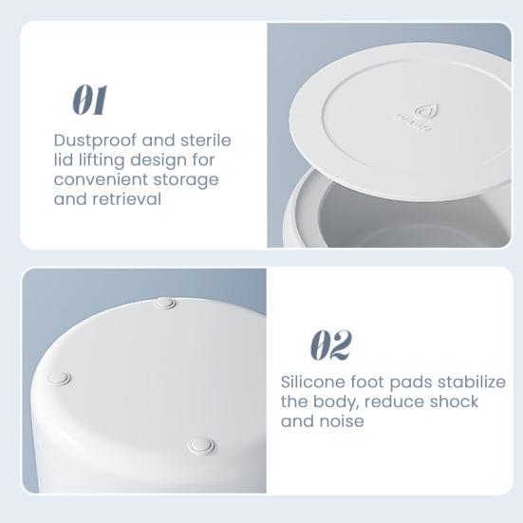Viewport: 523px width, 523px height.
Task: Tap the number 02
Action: pyautogui.click(x=331, y=346)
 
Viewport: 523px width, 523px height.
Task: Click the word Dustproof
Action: pyautogui.click(x=93, y=140)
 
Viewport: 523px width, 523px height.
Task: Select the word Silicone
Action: pyautogui.click(x=315, y=382)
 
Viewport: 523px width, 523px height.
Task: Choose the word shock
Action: pyautogui.click(x=454, y=402)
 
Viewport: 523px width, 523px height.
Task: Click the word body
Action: pyautogui.click(x=330, y=402)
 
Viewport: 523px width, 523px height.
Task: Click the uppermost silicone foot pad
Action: pyautogui.click(x=165, y=304)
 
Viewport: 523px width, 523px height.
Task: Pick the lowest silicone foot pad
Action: pyautogui.click(x=199, y=444)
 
